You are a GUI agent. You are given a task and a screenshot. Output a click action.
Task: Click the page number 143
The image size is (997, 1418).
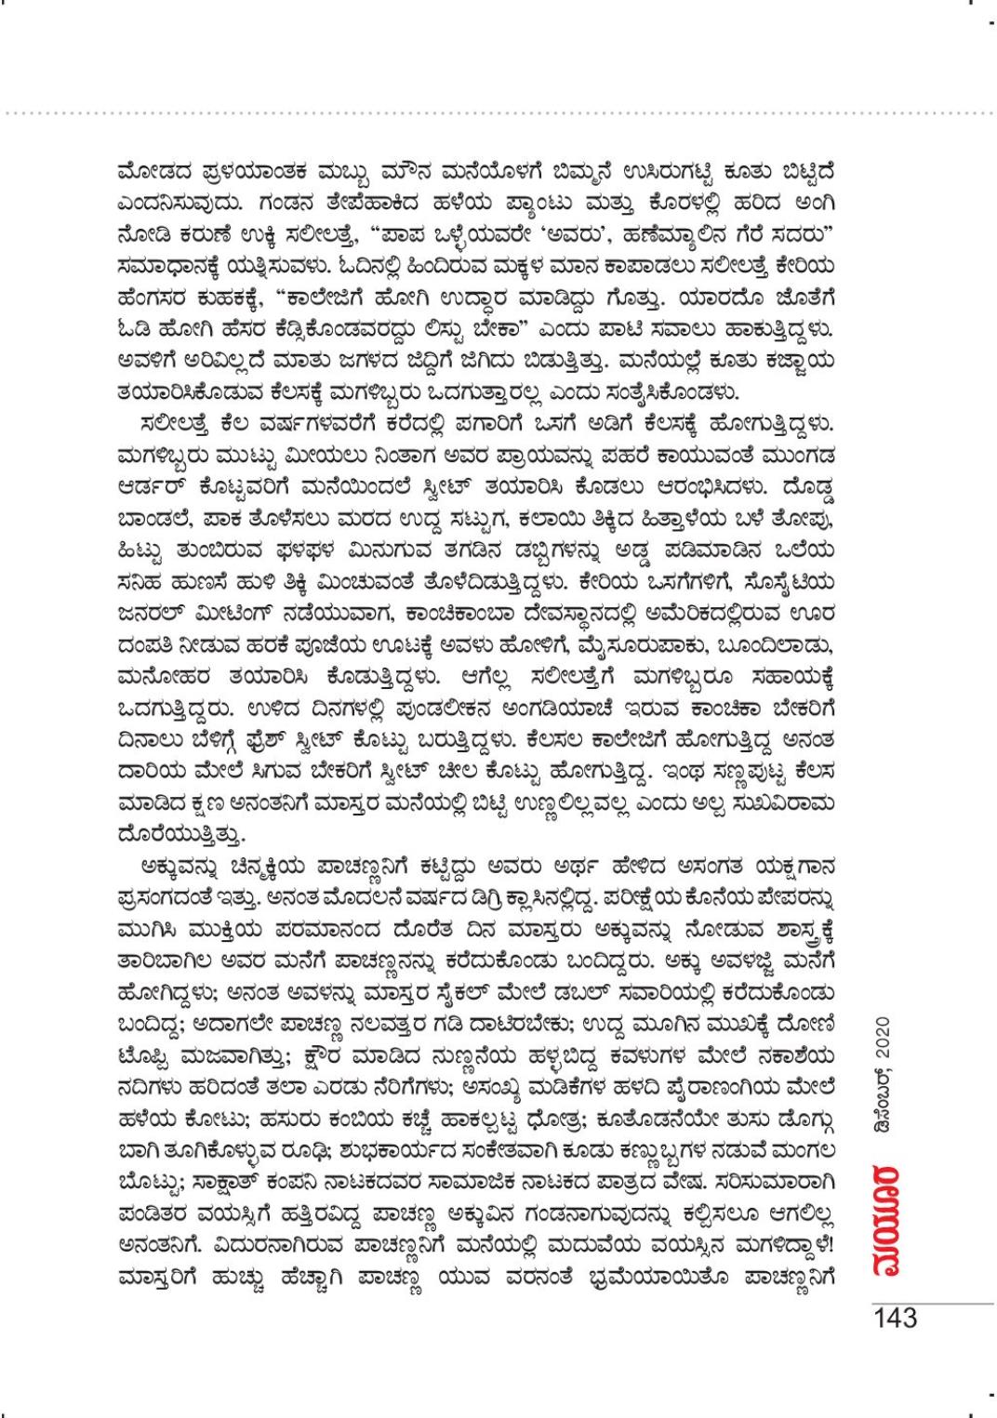[895, 1319]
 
